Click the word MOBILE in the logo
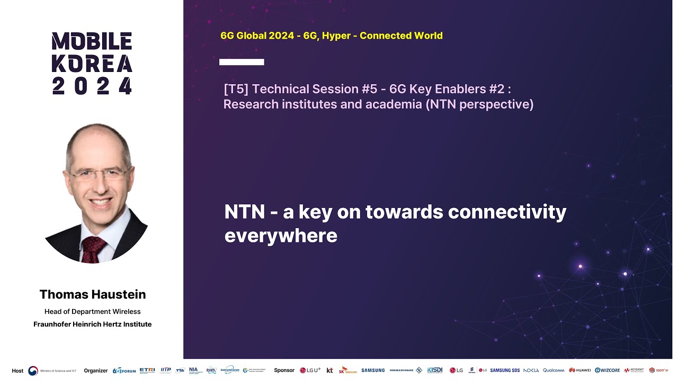click(92, 41)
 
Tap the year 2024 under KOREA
click(92, 86)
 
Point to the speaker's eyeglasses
click(98, 174)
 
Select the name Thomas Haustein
click(93, 294)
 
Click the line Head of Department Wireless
click(93, 312)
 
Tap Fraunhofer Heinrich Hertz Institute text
click(93, 324)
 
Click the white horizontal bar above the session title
click(242, 62)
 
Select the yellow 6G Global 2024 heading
click(331, 36)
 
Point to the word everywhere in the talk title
click(281, 235)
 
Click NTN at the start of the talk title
click(244, 212)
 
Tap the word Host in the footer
click(17, 370)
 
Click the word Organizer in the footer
click(96, 370)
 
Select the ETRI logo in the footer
click(147, 370)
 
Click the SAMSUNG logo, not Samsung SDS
click(373, 370)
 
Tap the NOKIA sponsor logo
click(531, 370)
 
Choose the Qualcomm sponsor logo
click(554, 370)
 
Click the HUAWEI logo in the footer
click(580, 370)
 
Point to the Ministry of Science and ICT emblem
click(33, 370)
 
